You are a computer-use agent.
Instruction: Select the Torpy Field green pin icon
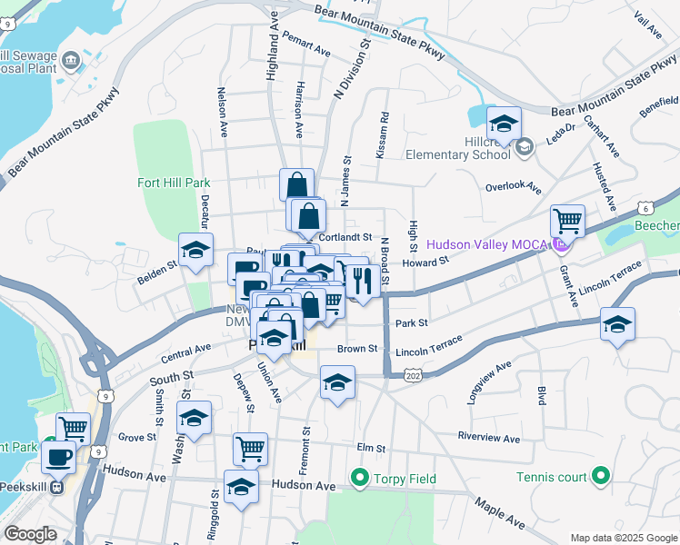click(359, 477)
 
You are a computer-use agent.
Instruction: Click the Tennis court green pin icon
click(599, 475)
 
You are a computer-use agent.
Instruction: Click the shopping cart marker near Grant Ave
click(567, 220)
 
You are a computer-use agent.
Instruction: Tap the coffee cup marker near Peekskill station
click(59, 456)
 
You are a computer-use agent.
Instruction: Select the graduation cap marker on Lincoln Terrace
click(617, 324)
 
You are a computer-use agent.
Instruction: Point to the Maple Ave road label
click(499, 513)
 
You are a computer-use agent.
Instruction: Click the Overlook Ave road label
click(513, 187)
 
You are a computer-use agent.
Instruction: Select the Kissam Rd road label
click(384, 133)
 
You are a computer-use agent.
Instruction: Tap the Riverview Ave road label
click(489, 437)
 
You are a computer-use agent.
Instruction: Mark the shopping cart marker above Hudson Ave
click(250, 448)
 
